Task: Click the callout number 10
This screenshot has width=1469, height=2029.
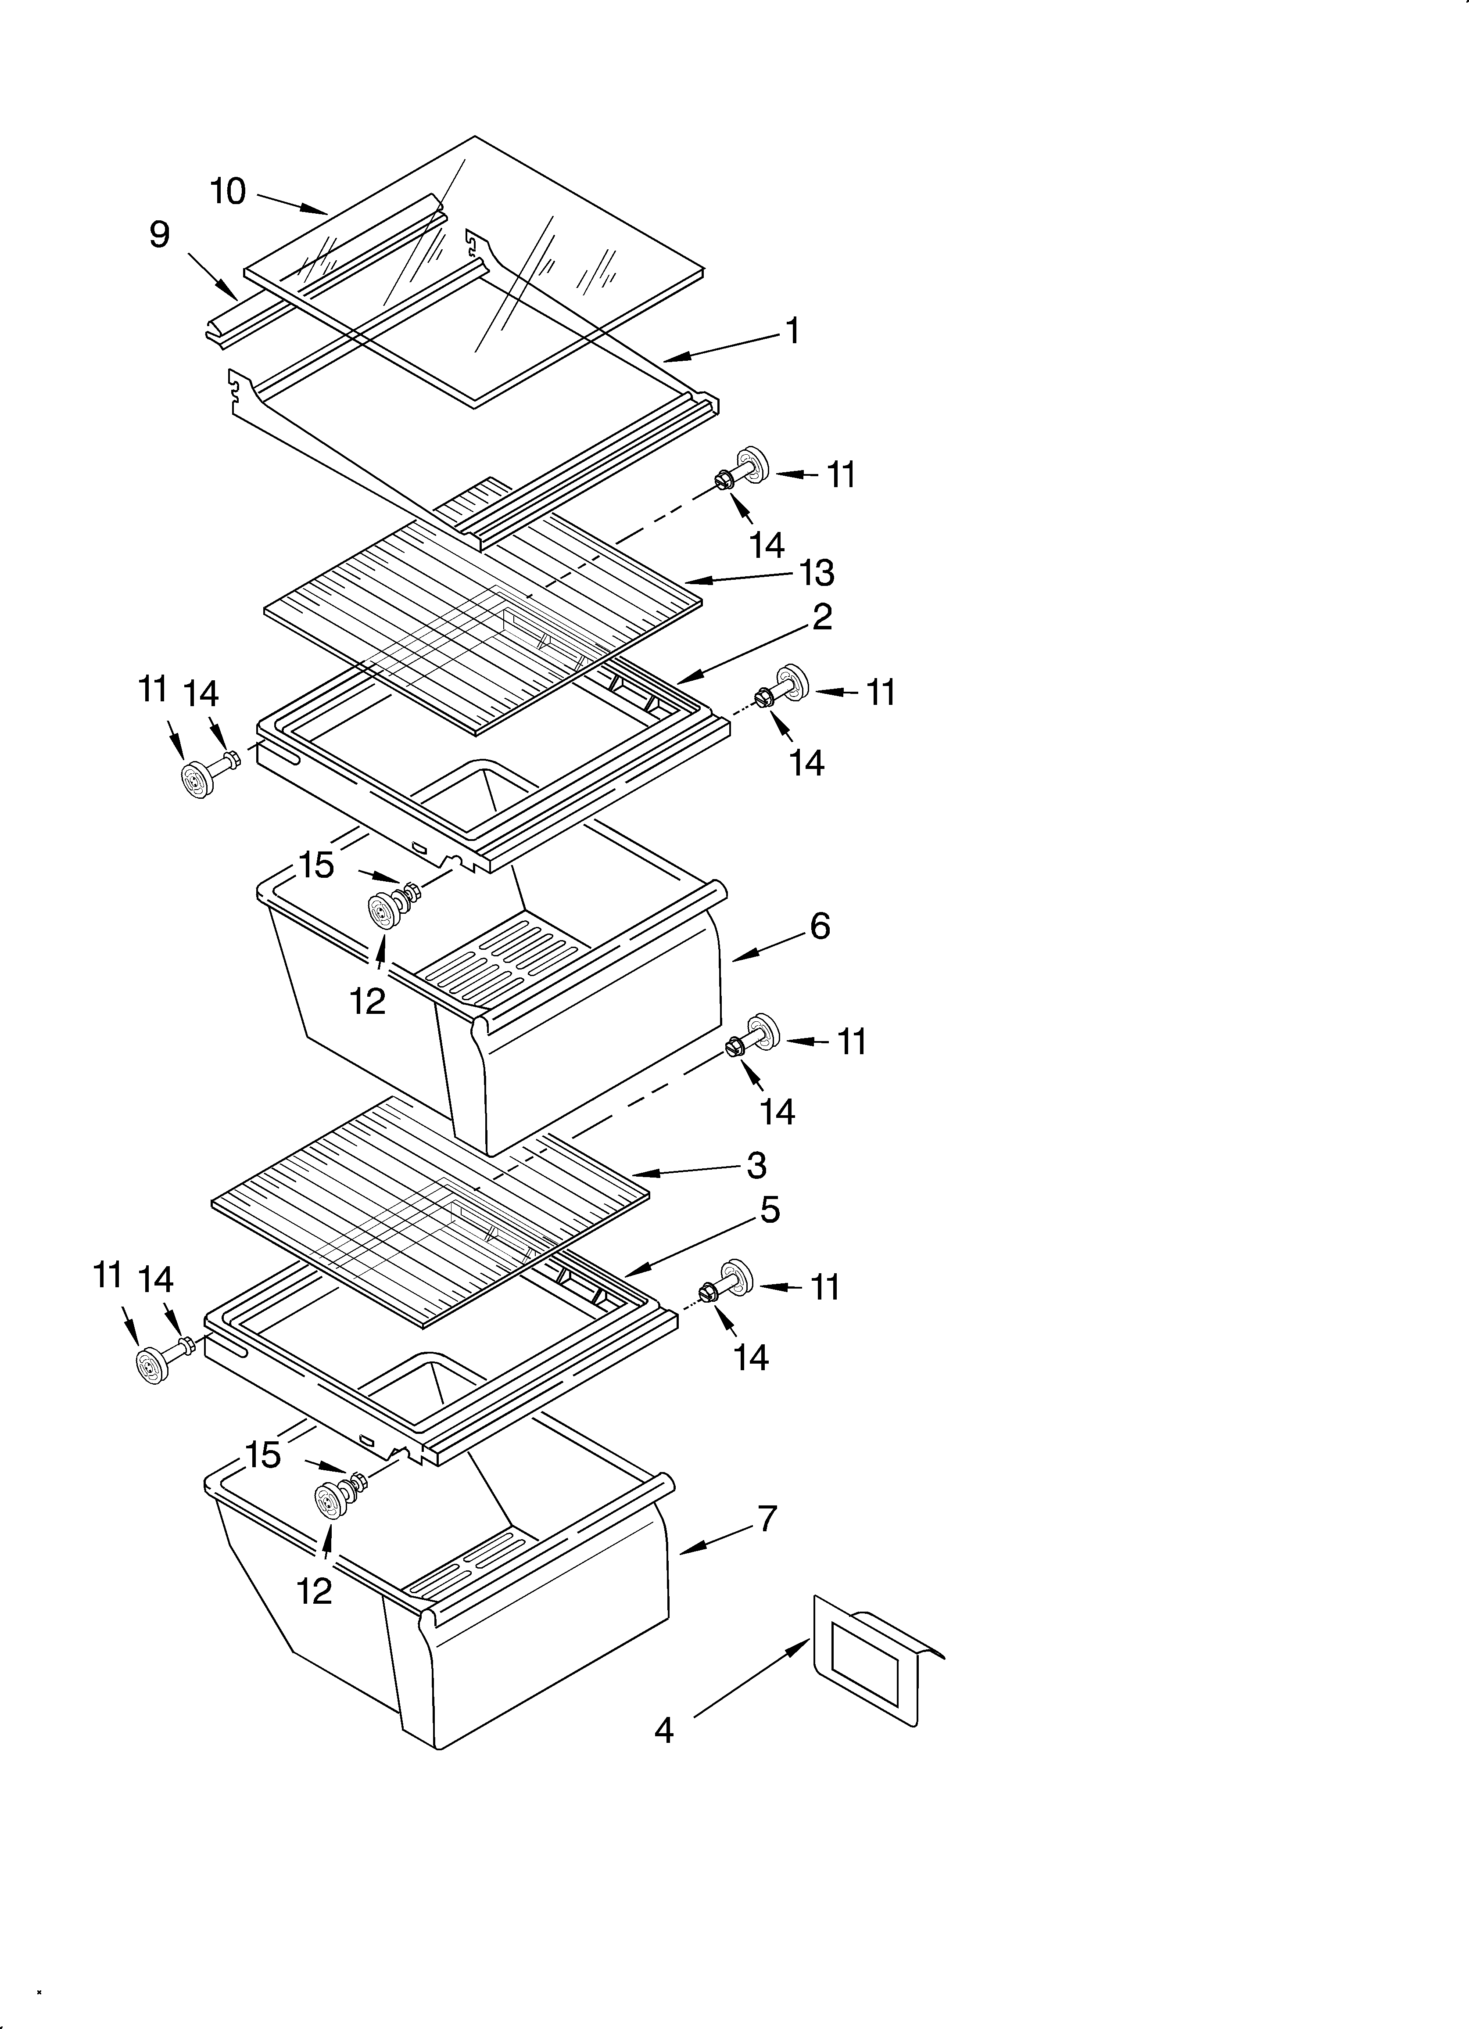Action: pos(228,191)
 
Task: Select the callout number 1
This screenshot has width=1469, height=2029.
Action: pos(792,331)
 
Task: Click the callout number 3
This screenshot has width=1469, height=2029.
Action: pos(757,1165)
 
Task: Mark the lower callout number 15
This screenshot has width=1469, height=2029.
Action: pos(263,1455)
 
